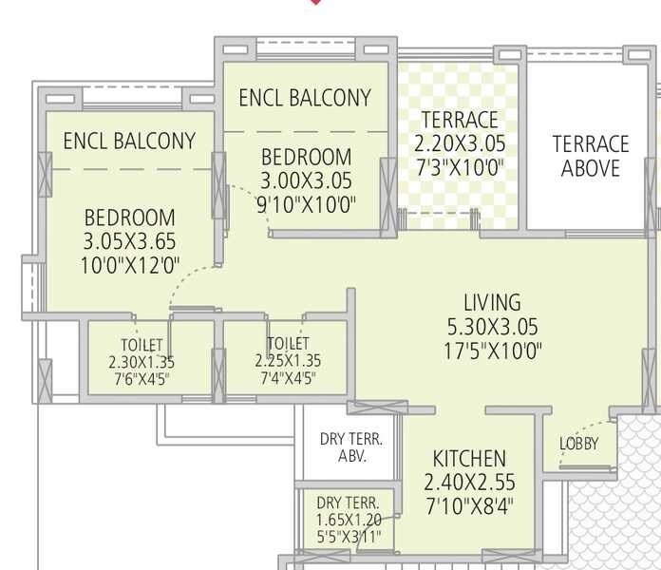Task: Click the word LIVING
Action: click(492, 303)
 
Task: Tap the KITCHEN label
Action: click(469, 458)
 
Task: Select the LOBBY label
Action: click(578, 444)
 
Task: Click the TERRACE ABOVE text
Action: click(591, 157)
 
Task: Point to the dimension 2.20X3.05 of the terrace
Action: click(460, 144)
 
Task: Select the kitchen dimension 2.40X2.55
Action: click(469, 482)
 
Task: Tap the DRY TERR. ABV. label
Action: click(350, 447)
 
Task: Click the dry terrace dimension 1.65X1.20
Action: click(349, 520)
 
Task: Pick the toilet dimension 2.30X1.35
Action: click(142, 362)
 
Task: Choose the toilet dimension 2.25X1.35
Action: click(288, 361)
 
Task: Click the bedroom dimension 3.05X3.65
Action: click(129, 241)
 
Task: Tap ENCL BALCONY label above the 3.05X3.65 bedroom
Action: click(129, 142)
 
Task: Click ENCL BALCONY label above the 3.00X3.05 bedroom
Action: click(305, 98)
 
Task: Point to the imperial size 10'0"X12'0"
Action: click(129, 265)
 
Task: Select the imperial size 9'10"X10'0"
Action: click(307, 204)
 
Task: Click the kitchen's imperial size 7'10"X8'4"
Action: click(469, 505)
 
